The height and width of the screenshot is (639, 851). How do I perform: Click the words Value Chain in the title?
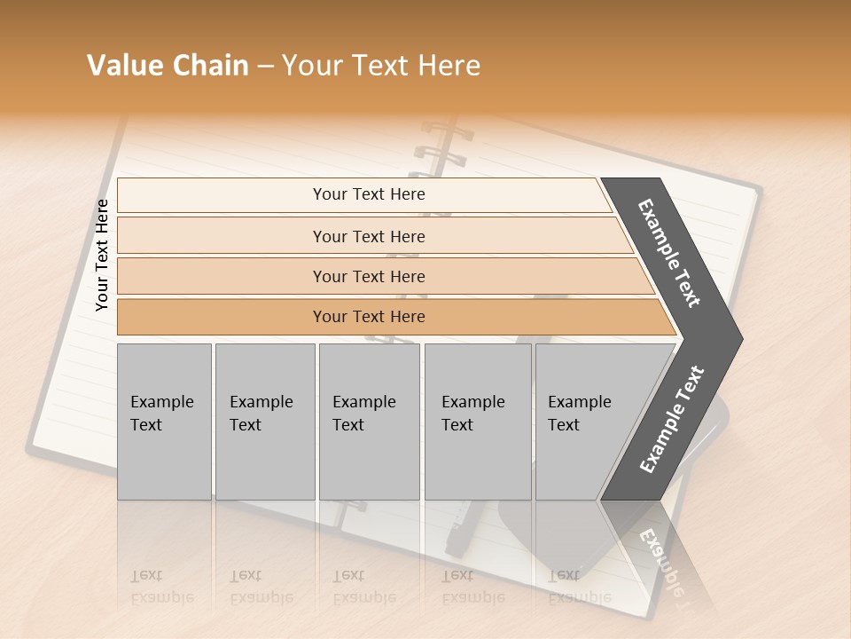(168, 66)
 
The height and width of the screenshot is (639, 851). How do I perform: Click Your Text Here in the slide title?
(381, 66)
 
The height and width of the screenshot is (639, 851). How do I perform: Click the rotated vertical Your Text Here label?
(102, 255)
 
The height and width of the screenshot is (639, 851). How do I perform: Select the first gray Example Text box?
(164, 422)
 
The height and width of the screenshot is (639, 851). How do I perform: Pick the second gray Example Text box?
(264, 422)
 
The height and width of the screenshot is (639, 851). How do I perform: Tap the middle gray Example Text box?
(369, 422)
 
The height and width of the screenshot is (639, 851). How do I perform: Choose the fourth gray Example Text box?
(477, 422)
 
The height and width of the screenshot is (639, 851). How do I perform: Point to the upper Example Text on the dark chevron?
(670, 253)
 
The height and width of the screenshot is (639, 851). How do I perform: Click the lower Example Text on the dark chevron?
(671, 420)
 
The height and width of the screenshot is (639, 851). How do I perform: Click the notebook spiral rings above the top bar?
(441, 151)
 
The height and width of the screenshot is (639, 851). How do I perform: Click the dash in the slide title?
(265, 67)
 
